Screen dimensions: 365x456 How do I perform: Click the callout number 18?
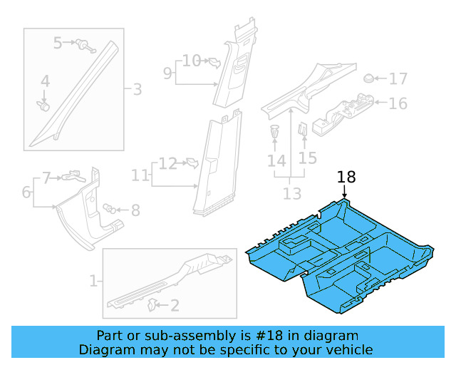tap(346, 178)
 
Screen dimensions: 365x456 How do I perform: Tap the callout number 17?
tap(398, 78)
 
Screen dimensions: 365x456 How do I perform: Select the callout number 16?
tap(398, 103)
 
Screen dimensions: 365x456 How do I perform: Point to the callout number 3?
tap(137, 90)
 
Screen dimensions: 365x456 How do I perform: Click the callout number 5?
tap(58, 43)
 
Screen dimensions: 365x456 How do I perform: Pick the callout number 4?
tap(45, 82)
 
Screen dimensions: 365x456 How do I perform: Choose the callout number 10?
tap(192, 61)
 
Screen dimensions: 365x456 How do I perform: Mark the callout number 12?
tap(167, 164)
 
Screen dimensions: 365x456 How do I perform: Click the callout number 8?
tap(135, 210)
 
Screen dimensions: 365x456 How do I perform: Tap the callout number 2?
tap(174, 306)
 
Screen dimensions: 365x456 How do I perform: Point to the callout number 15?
tap(308, 158)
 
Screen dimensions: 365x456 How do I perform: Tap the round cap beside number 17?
tap(369, 78)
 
